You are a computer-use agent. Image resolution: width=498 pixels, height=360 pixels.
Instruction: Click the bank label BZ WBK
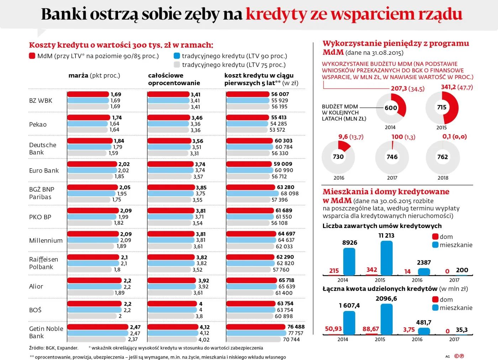[x=41, y=101]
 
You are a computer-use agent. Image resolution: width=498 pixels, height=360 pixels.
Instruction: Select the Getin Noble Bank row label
[x=46, y=332]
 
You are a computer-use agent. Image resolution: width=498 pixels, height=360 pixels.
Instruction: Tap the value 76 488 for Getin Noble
[x=296, y=327]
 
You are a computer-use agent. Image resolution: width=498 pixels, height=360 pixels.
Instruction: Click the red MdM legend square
[x=32, y=56]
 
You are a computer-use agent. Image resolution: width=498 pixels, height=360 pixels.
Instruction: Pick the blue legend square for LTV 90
[x=176, y=56]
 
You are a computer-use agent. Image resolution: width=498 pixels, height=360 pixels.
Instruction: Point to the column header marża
[x=78, y=75]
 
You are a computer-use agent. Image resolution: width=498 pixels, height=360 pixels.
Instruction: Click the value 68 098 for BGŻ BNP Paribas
[x=290, y=194]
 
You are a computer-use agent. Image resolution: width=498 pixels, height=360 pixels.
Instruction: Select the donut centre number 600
[x=391, y=108]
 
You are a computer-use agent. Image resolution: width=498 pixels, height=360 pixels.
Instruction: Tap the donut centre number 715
[x=441, y=107]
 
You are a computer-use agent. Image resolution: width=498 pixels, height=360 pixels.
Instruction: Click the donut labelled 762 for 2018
[x=443, y=157]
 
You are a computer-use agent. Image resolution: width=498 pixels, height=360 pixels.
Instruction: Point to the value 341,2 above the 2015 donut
[x=448, y=87]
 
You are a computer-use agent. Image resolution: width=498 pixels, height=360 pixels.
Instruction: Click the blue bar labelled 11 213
[x=386, y=258]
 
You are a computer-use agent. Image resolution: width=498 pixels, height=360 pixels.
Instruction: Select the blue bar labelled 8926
[x=349, y=261]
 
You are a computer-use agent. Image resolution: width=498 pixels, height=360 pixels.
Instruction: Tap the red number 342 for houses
[x=372, y=270]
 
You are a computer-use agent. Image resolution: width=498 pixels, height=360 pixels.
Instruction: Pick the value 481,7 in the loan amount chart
[x=424, y=323]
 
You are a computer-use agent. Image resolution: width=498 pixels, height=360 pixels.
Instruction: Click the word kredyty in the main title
[x=276, y=14]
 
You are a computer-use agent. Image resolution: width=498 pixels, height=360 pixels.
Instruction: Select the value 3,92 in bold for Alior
[x=203, y=281]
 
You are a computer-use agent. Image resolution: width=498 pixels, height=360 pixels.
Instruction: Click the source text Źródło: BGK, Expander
[x=53, y=348]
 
